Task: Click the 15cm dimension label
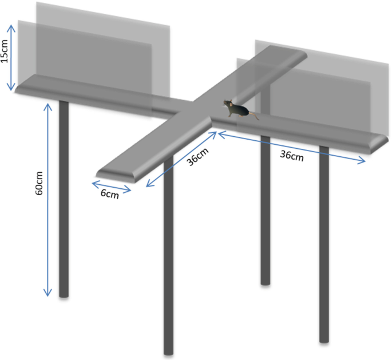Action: (x=5, y=52)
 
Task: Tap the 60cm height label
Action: (x=39, y=183)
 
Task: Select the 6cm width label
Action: (x=110, y=194)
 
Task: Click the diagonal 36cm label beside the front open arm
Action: (x=197, y=157)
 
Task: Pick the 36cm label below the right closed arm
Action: (x=292, y=156)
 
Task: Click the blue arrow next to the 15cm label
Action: (x=11, y=57)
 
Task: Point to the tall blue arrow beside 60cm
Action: (x=47, y=200)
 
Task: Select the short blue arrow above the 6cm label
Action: (x=112, y=187)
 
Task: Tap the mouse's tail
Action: (x=254, y=116)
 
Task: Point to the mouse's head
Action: (x=228, y=103)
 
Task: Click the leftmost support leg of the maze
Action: (x=64, y=199)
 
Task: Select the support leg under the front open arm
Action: (x=168, y=255)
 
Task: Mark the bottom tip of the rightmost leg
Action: (x=324, y=342)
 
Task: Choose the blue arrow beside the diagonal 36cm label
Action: (x=181, y=159)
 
